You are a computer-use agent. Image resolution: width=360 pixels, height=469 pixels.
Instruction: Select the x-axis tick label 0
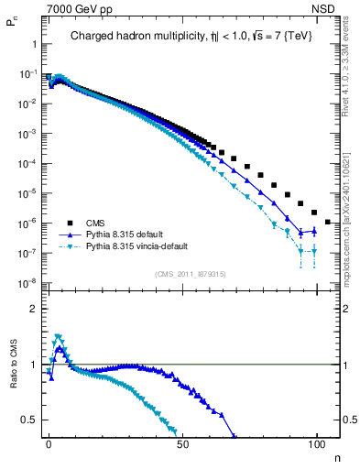49,444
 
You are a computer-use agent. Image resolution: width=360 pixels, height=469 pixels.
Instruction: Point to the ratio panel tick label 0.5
31,420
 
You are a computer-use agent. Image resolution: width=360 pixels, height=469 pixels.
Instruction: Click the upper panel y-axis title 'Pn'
12,27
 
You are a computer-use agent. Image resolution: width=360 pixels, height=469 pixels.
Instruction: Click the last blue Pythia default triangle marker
314,231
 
